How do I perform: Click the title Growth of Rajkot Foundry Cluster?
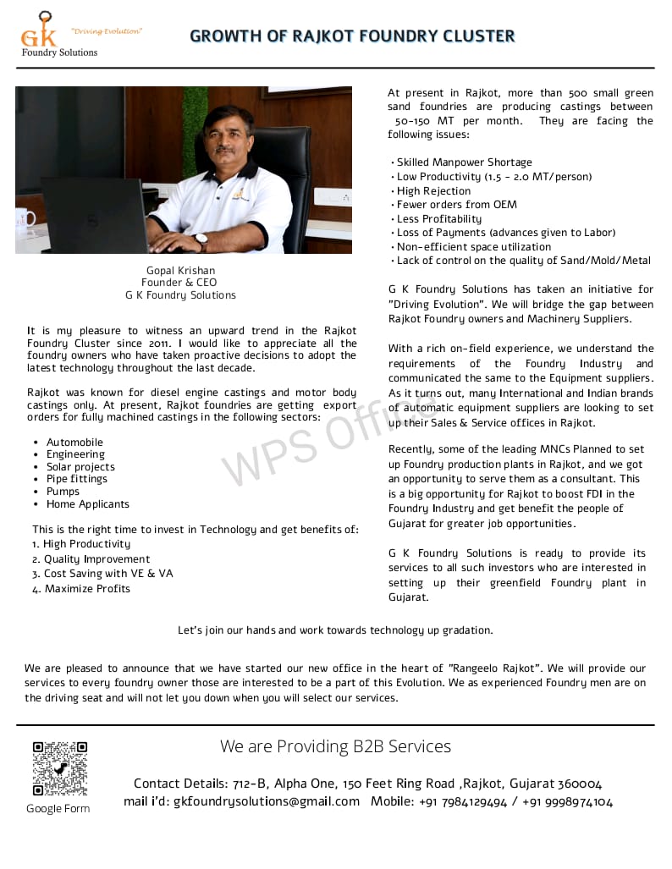352,36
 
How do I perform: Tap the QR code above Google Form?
60,768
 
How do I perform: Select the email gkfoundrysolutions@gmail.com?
267,801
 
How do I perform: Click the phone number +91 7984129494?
463,801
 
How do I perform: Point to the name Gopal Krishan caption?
180,271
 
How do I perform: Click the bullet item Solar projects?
80,467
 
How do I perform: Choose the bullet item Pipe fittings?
77,479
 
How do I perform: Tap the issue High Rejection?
433,191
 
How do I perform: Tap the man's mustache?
225,150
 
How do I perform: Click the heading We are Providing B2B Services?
335,746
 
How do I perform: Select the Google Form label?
58,809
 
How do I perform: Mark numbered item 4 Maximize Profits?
81,589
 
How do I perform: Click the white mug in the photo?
25,217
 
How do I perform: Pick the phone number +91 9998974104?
567,801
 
